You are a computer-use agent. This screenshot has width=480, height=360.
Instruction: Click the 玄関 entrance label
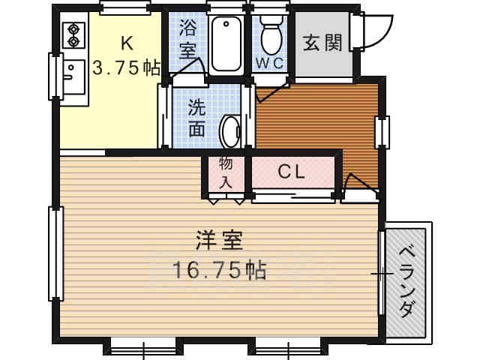(x=323, y=43)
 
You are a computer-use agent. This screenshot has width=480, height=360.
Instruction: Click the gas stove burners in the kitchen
(x=76, y=34)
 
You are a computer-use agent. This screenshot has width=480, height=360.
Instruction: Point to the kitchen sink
(x=72, y=73)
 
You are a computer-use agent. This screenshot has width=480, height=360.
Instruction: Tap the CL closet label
(x=291, y=172)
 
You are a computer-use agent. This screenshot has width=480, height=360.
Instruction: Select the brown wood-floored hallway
(x=315, y=124)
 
